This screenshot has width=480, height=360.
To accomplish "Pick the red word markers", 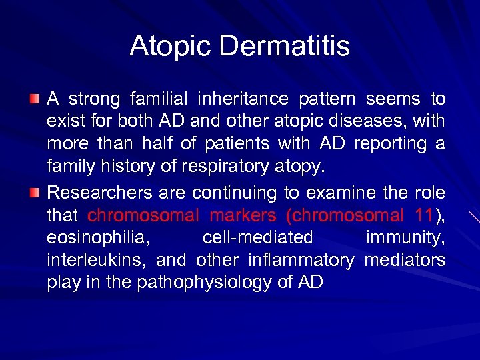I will click(x=243, y=215).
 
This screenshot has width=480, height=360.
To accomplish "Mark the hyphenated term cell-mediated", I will click(x=257, y=238).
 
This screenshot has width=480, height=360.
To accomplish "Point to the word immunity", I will click(x=405, y=238).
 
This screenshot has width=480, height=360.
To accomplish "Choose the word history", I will click(x=117, y=167).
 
